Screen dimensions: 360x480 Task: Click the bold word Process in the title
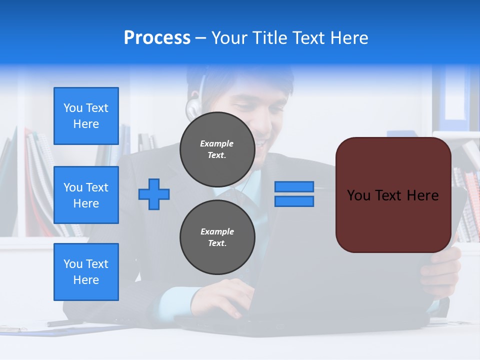(157, 38)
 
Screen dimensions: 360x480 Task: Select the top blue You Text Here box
(86, 116)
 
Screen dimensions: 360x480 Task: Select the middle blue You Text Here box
(86, 195)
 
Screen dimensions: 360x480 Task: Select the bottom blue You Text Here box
(86, 271)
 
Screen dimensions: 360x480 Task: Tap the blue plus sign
(154, 194)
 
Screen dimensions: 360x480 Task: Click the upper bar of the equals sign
(294, 186)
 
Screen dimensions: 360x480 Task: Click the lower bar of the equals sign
(294, 201)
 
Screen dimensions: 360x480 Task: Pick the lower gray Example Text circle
(217, 237)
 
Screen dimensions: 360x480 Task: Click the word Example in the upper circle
(217, 143)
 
